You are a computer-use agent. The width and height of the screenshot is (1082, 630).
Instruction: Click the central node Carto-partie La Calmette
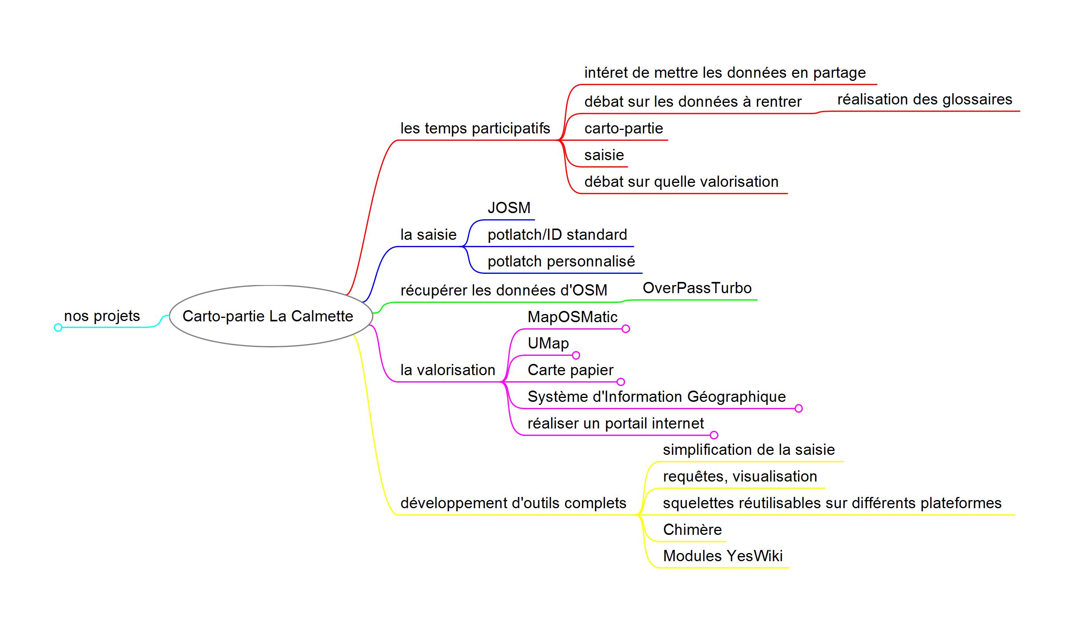pyautogui.click(x=271, y=316)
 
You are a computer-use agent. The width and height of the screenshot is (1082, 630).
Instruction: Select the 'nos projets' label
pyautogui.click(x=102, y=316)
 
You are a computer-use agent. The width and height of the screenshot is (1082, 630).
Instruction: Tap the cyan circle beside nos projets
pyautogui.click(x=58, y=328)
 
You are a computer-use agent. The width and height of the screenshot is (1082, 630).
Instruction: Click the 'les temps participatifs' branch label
pyautogui.click(x=475, y=128)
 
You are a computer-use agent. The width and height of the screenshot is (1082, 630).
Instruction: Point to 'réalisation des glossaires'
pyautogui.click(x=925, y=99)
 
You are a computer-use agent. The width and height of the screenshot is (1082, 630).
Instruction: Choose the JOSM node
pyautogui.click(x=509, y=208)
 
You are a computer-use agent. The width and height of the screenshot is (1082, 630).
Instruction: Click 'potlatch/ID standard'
pyautogui.click(x=557, y=235)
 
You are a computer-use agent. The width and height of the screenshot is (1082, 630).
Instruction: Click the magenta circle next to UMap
pyautogui.click(x=576, y=355)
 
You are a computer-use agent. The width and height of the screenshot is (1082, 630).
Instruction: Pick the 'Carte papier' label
pyautogui.click(x=571, y=370)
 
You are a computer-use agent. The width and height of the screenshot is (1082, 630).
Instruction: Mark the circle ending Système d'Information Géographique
pyautogui.click(x=799, y=409)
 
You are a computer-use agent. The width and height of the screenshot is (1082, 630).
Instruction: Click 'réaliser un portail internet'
pyautogui.click(x=616, y=423)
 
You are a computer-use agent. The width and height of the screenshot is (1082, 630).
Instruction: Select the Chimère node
pyautogui.click(x=692, y=530)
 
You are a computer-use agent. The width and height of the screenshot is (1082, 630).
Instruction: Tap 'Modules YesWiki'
pyautogui.click(x=723, y=556)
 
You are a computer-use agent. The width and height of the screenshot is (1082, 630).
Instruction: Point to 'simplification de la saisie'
pyautogui.click(x=749, y=450)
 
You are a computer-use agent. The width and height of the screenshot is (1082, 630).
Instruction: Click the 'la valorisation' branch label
pyautogui.click(x=448, y=370)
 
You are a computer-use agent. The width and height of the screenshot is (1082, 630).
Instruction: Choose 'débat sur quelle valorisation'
pyautogui.click(x=682, y=182)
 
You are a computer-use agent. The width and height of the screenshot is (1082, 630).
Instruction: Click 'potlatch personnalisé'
pyautogui.click(x=561, y=261)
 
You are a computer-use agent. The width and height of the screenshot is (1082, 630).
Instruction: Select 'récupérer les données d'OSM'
pyautogui.click(x=504, y=290)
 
